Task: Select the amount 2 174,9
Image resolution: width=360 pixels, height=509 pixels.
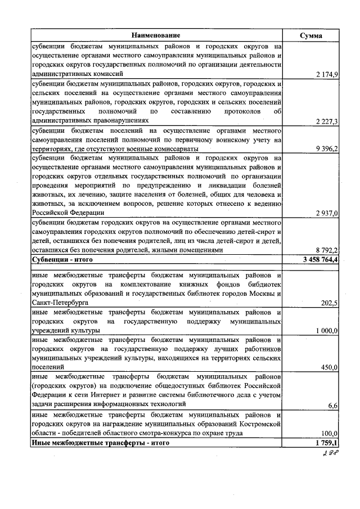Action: click(x=326, y=74)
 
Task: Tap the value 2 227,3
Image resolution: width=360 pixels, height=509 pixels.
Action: click(x=326, y=121)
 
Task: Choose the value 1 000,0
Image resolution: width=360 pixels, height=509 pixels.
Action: click(x=326, y=331)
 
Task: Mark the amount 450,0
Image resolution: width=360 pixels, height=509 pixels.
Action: click(x=328, y=367)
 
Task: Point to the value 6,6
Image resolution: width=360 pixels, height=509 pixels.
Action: click(x=332, y=405)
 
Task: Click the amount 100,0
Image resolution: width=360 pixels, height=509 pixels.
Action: click(x=328, y=434)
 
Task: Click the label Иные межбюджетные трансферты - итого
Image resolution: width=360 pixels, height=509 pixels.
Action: click(x=100, y=443)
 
